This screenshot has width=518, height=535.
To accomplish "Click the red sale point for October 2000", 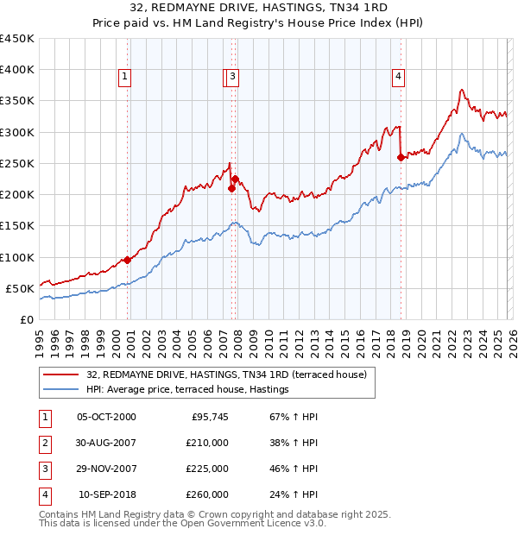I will click(127, 260).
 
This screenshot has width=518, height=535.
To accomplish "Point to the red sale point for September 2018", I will click(401, 157).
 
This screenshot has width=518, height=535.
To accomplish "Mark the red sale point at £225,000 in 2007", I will click(236, 179).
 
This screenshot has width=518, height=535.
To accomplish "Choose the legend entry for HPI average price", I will click(187, 390).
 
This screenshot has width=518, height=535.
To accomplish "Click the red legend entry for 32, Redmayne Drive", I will click(227, 374).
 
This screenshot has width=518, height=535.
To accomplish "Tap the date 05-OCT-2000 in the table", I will click(106, 417).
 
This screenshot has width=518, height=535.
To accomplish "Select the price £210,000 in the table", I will click(207, 442).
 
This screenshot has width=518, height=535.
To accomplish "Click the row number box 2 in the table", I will click(43, 442).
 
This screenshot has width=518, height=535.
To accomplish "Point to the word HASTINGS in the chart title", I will click(275, 9).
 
